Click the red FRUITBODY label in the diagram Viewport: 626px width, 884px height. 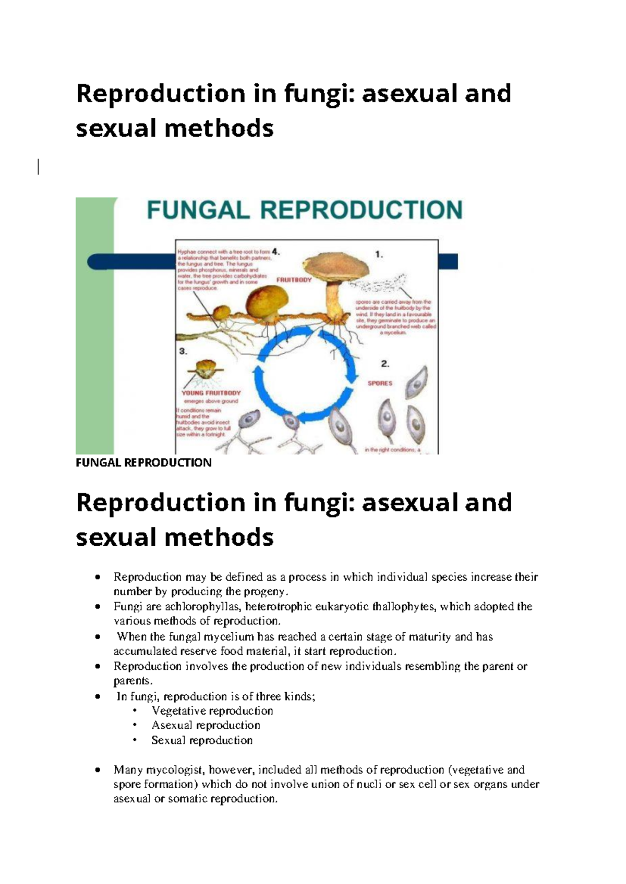pos(294,280)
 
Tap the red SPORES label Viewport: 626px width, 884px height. pos(380,383)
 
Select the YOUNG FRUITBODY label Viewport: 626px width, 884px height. pos(211,393)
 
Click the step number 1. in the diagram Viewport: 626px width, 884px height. pos(379,255)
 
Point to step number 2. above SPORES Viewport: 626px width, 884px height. pos(385,363)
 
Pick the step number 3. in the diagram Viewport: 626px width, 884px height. pos(183,351)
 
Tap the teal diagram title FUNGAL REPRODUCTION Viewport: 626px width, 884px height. pos(305,210)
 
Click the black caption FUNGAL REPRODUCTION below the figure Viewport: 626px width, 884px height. pos(143,463)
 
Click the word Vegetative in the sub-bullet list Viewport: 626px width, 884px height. pos(177,711)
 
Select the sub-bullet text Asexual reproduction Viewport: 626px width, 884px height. pos(206,726)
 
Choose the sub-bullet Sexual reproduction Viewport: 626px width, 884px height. pos(202,740)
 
